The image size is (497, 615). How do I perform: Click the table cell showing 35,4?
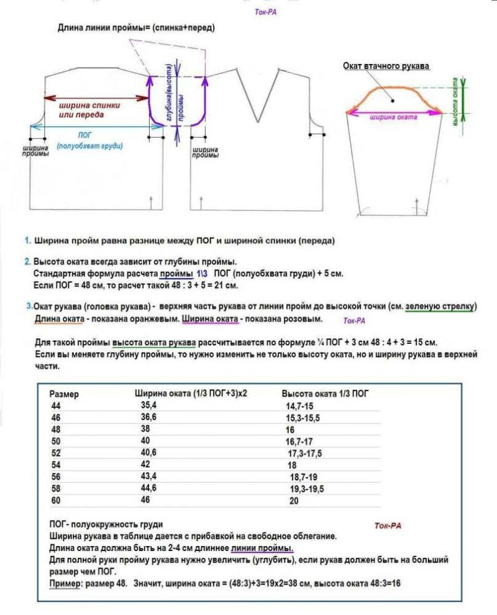point(148,405)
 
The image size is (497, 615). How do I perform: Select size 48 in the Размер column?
point(56,429)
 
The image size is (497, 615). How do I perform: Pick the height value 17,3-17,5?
point(304,453)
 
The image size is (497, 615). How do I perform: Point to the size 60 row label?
point(56,500)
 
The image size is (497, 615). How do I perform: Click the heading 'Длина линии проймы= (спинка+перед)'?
point(137,28)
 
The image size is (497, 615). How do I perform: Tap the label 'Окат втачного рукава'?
point(386,66)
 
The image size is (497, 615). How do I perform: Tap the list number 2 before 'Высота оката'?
point(27,261)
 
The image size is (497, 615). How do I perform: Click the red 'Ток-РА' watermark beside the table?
point(388,526)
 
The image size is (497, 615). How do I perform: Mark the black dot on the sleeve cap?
point(393,98)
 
